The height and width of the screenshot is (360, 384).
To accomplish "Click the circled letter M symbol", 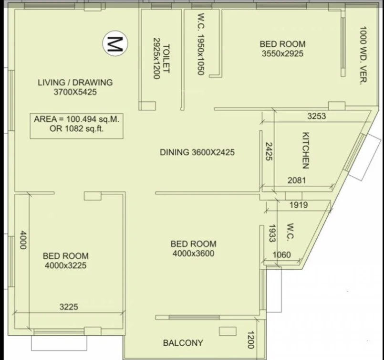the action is click(115, 43).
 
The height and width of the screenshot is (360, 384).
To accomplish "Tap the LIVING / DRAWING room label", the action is click(75, 82).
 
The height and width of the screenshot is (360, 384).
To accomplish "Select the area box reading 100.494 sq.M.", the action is click(77, 126).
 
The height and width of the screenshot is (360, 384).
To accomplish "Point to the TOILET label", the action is click(166, 58).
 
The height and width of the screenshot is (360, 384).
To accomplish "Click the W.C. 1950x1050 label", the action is click(201, 44).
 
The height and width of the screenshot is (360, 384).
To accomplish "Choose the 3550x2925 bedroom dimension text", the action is click(282, 53).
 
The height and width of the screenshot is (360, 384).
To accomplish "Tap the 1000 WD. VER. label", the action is click(363, 55).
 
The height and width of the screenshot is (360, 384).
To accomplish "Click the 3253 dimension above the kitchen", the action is click(317, 116).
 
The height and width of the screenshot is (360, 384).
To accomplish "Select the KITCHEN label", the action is click(306, 150).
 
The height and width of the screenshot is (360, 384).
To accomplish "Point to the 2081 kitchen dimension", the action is click(297, 180).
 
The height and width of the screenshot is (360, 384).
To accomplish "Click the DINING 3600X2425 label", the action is click(197, 152).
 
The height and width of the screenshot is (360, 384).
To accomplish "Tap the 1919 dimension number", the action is click(299, 205).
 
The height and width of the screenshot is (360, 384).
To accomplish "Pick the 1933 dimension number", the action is click(272, 233).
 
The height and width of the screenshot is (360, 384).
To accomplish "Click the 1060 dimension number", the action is click(282, 255).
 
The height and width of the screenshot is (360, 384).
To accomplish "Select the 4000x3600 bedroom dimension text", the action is click(194, 254).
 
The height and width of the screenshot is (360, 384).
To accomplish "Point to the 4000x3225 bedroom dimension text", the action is click(66, 265).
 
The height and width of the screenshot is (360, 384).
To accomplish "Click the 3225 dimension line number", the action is click(69, 307).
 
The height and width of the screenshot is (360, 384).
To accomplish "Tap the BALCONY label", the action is click(183, 343).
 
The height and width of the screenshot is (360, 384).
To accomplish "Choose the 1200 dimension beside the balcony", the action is click(251, 340).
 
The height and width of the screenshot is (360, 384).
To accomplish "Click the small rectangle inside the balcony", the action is click(228, 331).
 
